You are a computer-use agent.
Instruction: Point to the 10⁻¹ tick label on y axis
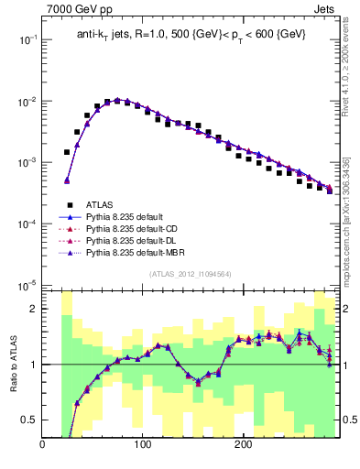27,40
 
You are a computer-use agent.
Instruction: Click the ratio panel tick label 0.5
29,420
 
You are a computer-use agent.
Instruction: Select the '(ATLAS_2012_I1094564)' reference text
189,273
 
